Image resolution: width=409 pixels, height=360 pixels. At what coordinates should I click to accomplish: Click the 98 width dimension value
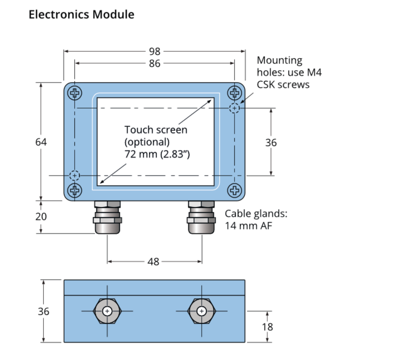click(x=155, y=51)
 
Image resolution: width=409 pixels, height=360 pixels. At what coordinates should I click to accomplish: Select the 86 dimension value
click(x=155, y=63)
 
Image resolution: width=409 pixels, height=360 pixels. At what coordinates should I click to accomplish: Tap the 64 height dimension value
click(x=41, y=142)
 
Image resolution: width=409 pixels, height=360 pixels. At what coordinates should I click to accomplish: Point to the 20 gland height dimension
click(x=41, y=216)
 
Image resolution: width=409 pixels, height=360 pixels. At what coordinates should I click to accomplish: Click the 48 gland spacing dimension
click(x=153, y=262)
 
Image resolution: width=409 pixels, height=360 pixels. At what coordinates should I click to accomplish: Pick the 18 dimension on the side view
click(x=267, y=327)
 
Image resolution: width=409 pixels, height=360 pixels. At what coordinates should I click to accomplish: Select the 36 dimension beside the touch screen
click(x=271, y=143)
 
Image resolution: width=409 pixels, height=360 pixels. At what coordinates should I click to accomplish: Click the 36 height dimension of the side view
click(x=44, y=311)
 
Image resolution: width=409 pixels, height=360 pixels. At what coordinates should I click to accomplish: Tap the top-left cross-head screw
click(x=75, y=93)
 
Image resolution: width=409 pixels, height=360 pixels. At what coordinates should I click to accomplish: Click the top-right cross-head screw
click(x=235, y=93)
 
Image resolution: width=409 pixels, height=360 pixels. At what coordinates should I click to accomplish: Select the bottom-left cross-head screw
click(x=75, y=190)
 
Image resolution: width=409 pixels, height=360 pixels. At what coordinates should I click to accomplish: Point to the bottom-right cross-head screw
click(x=235, y=190)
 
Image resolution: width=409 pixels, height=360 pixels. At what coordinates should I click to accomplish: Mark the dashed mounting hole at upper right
click(x=235, y=108)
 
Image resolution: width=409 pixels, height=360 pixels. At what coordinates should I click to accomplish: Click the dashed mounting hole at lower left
click(x=75, y=175)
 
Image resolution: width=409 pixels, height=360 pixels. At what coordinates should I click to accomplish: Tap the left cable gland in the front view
click(x=107, y=217)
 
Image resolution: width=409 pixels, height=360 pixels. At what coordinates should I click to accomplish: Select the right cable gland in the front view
click(x=201, y=217)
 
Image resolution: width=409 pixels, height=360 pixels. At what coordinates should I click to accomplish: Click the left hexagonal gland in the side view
click(x=107, y=311)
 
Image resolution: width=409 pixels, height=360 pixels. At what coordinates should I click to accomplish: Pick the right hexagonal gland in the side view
click(x=201, y=311)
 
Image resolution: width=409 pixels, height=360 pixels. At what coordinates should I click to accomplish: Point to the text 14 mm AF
click(x=248, y=226)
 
